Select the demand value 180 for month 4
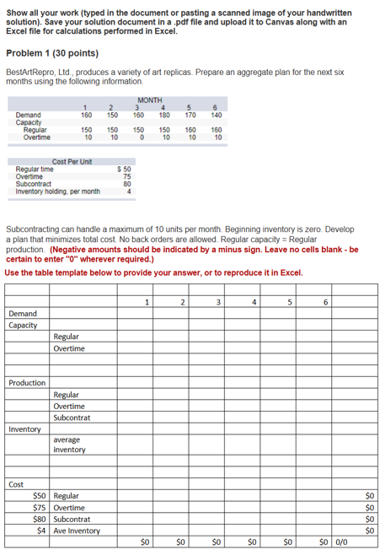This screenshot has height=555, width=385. point(164,115)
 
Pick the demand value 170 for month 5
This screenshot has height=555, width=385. point(190,115)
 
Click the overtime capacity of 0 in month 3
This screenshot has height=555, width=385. point(140,137)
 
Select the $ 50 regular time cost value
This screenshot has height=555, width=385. point(123,169)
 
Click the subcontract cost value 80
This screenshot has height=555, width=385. point(126,183)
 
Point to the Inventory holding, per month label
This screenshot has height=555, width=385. point(57,191)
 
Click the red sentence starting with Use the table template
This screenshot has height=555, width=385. point(153,272)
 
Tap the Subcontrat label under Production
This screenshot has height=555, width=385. point(72,418)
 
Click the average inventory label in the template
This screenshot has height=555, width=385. point(70,445)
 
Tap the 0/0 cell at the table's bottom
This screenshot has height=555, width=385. point(345,542)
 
